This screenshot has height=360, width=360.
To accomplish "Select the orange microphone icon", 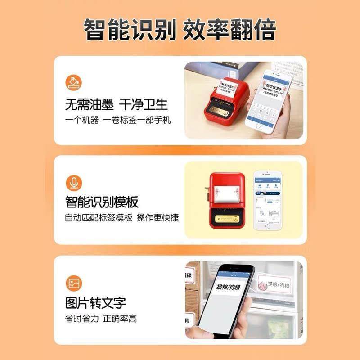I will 73,183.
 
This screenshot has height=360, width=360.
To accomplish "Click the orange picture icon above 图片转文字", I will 73,283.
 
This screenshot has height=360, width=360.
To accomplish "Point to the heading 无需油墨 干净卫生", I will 116,104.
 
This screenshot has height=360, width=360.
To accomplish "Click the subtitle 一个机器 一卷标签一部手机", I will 118,121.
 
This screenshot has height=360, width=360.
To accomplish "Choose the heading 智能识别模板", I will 102,202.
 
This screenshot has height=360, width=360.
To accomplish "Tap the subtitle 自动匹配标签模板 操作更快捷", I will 121,218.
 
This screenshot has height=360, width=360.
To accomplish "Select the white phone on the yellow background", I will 270,202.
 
